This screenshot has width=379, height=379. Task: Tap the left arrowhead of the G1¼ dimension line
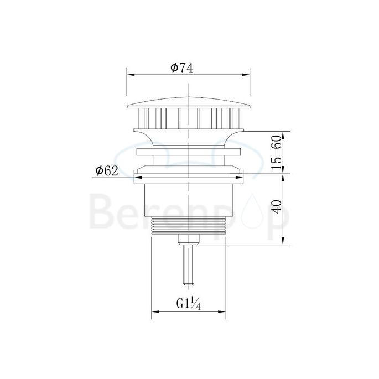pyautogui.click(x=155, y=313)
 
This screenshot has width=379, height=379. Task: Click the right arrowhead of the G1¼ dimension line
pyautogui.click(x=222, y=313)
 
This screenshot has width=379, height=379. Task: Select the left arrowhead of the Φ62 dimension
pyautogui.click(x=139, y=178)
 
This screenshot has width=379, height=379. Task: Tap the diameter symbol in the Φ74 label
pyautogui.click(x=174, y=68)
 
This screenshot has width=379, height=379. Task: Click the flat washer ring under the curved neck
pyautogui.click(x=189, y=150)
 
